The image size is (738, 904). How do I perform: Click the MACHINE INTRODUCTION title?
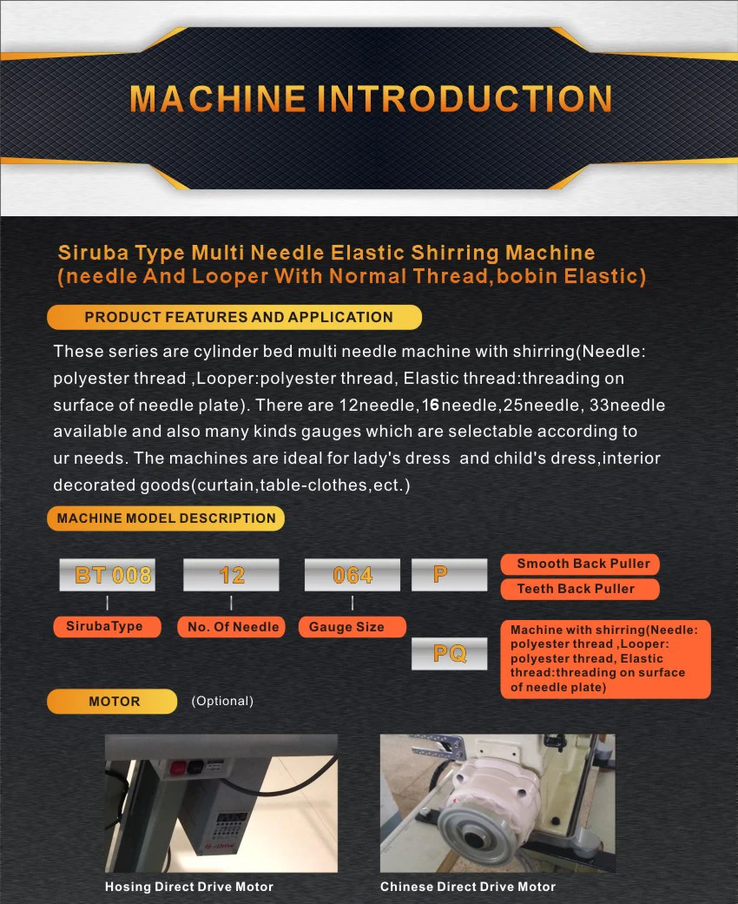(371, 99)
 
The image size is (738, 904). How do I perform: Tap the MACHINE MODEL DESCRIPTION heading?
(166, 518)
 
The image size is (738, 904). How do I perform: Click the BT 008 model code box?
(108, 575)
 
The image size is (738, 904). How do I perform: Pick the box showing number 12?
(231, 575)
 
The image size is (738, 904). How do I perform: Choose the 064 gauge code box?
(352, 575)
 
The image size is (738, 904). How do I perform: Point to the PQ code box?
(449, 653)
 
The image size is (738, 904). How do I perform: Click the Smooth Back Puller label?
(580, 564)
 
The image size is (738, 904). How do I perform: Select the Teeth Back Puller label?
(580, 589)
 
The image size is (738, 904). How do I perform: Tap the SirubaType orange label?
(107, 626)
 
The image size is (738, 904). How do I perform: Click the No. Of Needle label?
(233, 626)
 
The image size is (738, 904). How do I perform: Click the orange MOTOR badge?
(112, 701)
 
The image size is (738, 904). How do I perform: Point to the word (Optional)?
(222, 701)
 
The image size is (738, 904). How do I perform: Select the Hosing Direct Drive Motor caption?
(189, 887)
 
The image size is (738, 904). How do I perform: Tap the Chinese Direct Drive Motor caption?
(468, 887)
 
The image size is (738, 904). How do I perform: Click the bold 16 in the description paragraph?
(431, 406)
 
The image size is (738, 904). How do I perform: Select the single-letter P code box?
(449, 575)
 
